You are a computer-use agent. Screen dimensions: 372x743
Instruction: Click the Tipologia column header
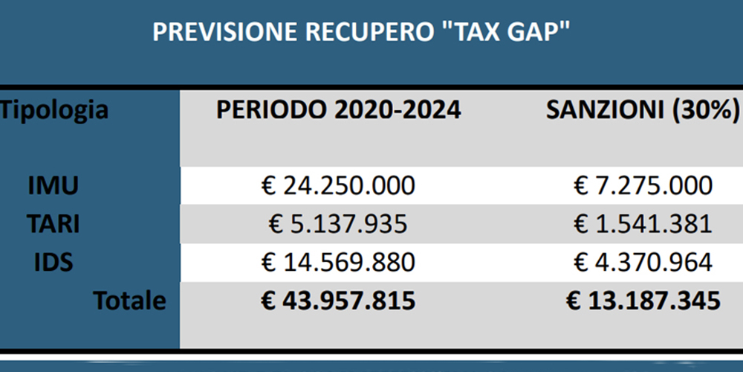click(x=54, y=111)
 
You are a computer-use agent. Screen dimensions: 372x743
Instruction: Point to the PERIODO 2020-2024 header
click(x=338, y=110)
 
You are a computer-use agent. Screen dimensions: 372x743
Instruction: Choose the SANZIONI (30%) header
click(x=643, y=110)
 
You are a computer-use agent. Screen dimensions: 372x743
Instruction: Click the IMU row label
click(x=52, y=186)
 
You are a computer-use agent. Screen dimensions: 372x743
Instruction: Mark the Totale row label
click(x=129, y=301)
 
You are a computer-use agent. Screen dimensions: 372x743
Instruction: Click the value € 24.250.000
click(x=338, y=186)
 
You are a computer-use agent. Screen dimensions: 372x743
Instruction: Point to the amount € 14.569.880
click(x=338, y=262)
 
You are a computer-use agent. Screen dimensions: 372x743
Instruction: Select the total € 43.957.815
click(x=338, y=301)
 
